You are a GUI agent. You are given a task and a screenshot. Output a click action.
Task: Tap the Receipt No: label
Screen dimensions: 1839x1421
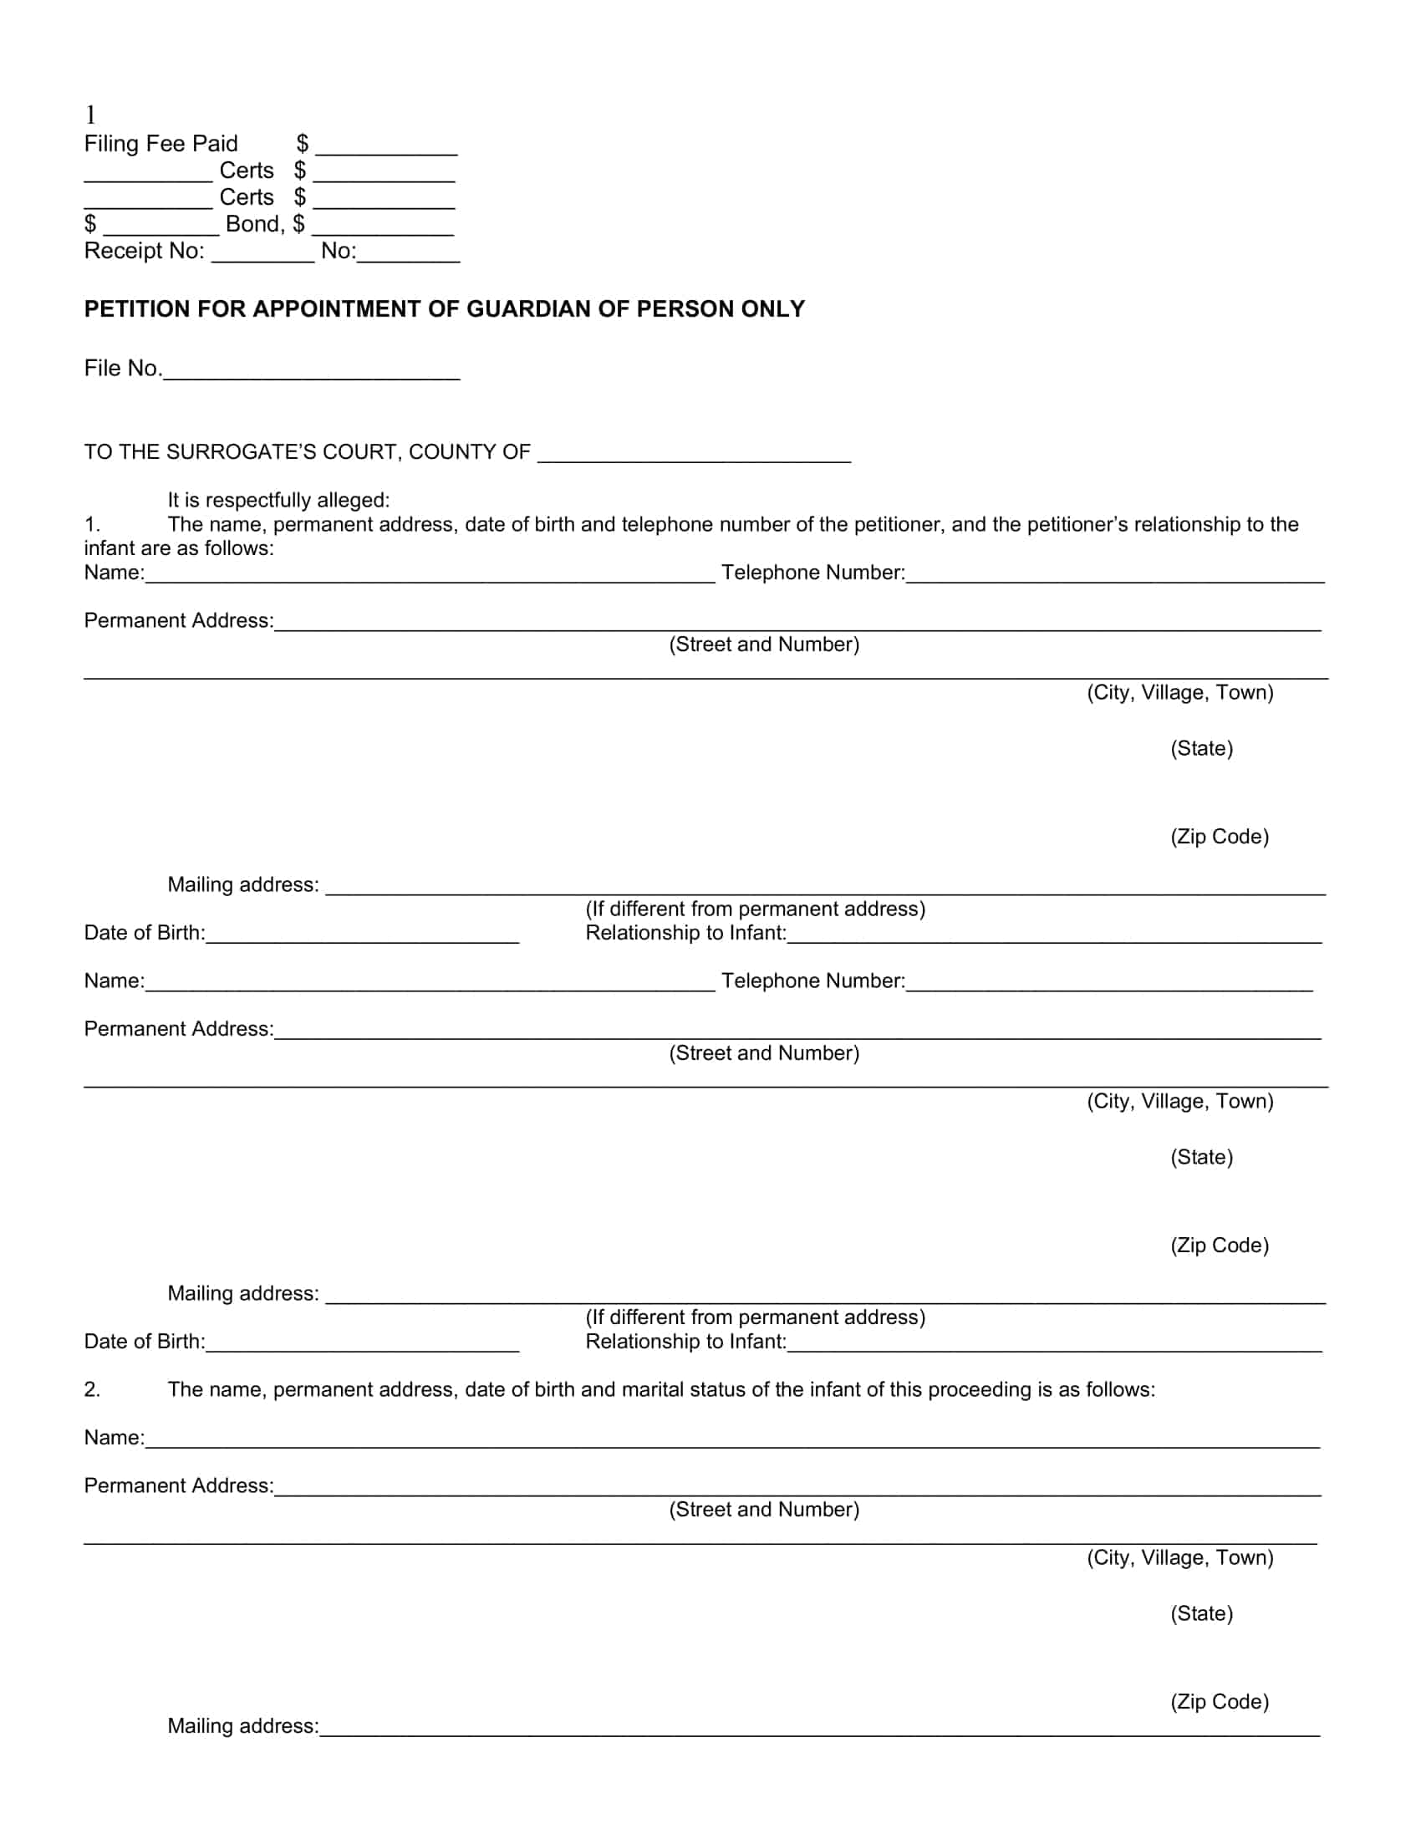(x=144, y=251)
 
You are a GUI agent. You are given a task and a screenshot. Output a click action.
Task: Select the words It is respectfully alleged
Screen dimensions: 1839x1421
(x=278, y=500)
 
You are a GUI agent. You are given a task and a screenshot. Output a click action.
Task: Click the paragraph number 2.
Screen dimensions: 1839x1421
(x=92, y=1389)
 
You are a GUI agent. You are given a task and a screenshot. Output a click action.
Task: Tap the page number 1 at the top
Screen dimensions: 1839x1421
(x=90, y=115)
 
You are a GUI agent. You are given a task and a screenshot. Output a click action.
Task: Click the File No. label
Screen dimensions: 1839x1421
(x=123, y=369)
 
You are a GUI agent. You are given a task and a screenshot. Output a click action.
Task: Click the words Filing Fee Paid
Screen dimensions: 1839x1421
(x=160, y=144)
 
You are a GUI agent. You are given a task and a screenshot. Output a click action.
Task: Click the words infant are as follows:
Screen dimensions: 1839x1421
(x=179, y=549)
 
